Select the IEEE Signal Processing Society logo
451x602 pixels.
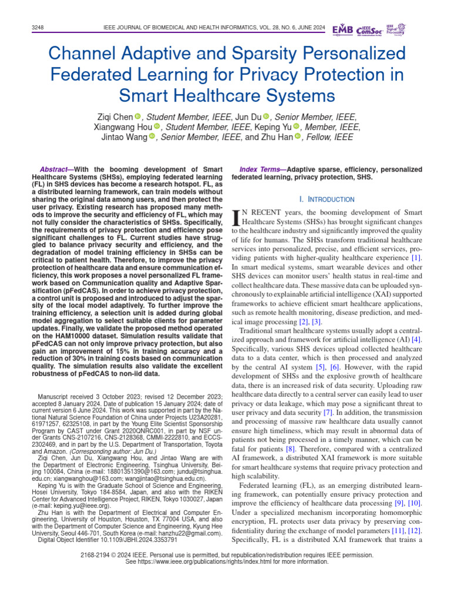pos(398,29)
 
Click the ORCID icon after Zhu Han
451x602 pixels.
pos(297,137)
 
